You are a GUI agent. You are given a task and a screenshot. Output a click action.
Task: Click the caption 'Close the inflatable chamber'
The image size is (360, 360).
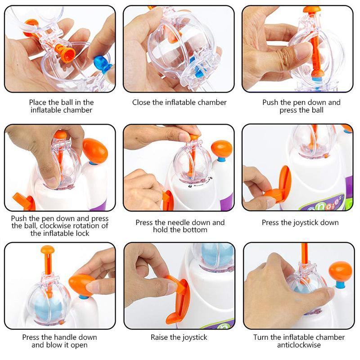pyautogui.click(x=179, y=103)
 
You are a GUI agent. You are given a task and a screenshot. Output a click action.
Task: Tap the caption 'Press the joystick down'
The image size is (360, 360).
pyautogui.click(x=300, y=222)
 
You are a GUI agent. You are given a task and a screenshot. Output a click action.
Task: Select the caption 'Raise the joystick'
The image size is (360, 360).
pyautogui.click(x=179, y=337)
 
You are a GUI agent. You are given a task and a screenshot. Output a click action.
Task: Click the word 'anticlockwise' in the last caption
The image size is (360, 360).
pyautogui.click(x=300, y=345)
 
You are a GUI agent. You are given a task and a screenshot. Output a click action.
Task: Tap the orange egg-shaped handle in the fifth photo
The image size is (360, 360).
pyautogui.click(x=221, y=148)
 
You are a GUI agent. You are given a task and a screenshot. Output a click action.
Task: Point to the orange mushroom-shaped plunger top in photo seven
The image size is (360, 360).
pyautogui.click(x=47, y=249)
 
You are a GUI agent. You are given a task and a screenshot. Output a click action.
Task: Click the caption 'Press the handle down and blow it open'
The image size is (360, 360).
pyautogui.click(x=59, y=341)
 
